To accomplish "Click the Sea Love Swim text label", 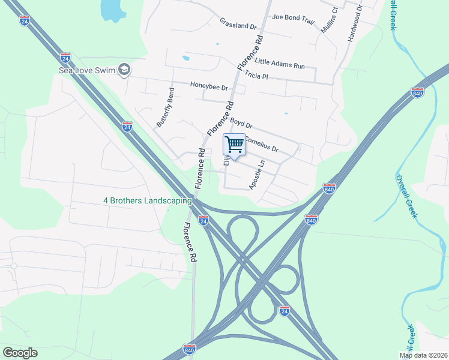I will pos(86,70).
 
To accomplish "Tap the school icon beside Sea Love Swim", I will pos(124,70).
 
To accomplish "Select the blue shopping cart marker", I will pos(234,144).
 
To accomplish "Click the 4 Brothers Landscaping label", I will pos(147,200).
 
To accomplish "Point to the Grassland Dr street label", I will pos(238,26).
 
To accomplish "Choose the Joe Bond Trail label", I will pos(293,19).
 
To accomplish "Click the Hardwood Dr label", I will pos(354,24).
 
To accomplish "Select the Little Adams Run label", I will pos(280,63).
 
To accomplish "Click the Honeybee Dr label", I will pos(209,86).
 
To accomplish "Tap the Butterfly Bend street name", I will pos(165,107).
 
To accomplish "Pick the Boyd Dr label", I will pos(241,124).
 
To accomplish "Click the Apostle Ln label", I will pos(257,175).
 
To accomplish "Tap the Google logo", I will pos(20,353).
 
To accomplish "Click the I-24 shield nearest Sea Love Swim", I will pos(65,58).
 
